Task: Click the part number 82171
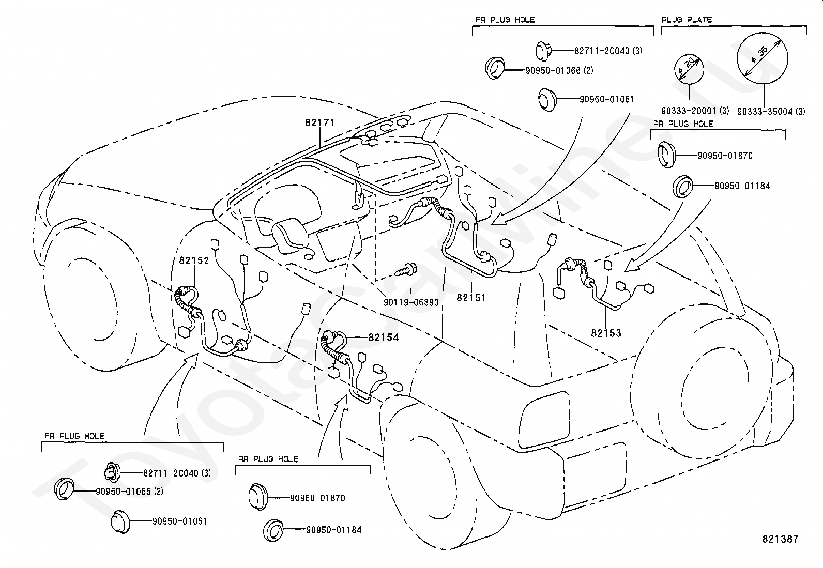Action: coord(319,122)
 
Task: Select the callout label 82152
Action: coord(194,260)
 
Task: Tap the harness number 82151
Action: coord(471,298)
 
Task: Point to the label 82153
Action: coord(606,333)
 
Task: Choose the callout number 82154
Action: coord(384,337)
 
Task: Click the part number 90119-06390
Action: coord(411,302)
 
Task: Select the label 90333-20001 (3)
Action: coord(695,111)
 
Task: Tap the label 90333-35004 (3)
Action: coord(771,111)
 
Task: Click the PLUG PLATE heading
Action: coord(687,20)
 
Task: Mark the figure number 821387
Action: coord(780,539)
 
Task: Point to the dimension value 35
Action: coord(763,51)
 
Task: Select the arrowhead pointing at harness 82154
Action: coord(342,401)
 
